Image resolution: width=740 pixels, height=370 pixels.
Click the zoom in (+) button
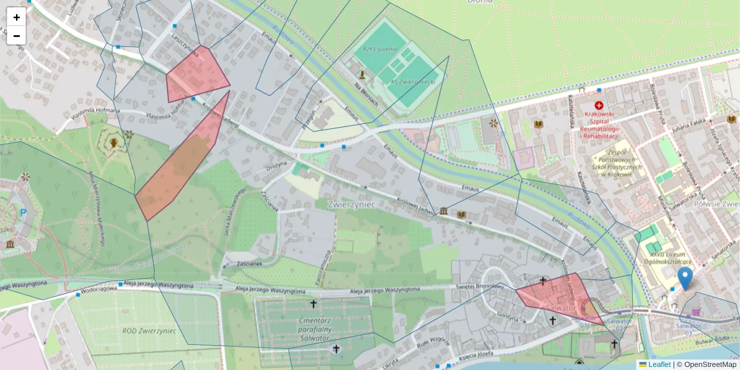[x=17, y=17]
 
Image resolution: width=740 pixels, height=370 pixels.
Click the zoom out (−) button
[x=17, y=35]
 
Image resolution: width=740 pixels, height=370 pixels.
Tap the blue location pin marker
[x=684, y=278]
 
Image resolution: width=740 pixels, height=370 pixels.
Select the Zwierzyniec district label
[x=351, y=203]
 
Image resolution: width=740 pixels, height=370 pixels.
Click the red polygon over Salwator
[x=558, y=296]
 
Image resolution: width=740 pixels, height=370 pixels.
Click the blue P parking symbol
[x=23, y=213]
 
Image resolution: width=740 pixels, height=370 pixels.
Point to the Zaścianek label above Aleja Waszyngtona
[x=250, y=263]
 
